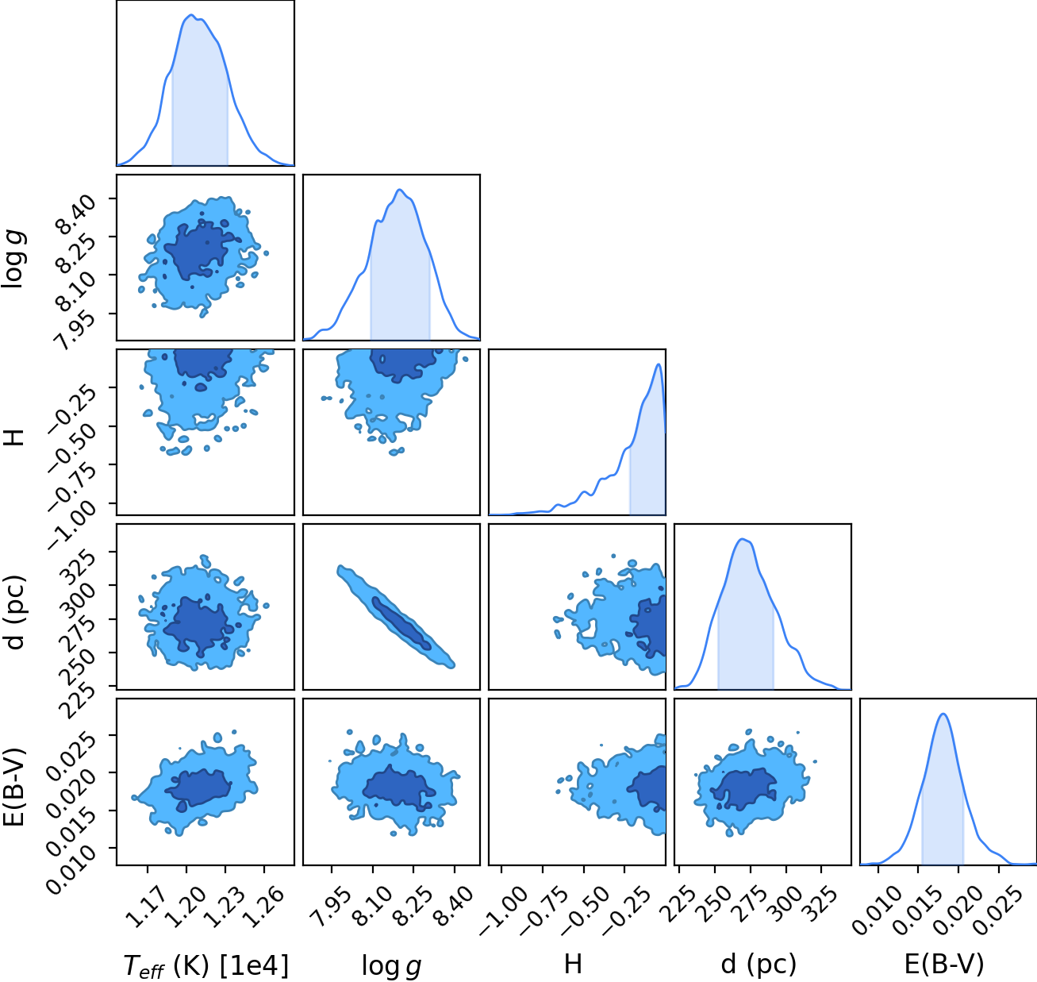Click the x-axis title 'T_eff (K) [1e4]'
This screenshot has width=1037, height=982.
205,965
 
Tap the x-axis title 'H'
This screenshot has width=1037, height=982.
573,964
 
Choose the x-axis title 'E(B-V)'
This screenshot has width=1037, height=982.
944,965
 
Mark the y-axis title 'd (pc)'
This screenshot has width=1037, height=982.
14,611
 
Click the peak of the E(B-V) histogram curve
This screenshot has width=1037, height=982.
943,714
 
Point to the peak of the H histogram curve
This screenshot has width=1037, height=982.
658,364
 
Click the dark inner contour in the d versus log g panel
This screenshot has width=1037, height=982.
402,623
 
